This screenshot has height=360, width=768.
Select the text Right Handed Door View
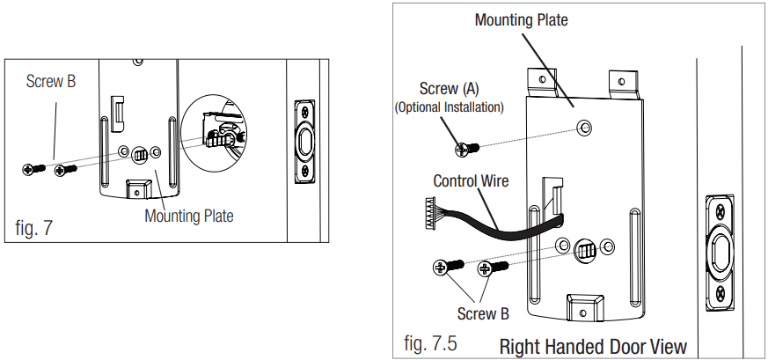592,346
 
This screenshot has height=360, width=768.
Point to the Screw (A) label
450,89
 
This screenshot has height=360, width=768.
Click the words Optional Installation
450,107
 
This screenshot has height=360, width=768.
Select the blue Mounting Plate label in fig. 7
190,216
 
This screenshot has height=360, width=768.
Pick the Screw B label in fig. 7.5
483,313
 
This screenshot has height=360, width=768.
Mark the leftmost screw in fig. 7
32,168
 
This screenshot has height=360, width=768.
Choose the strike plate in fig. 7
305,140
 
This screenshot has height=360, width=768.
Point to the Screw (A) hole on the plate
581,129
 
